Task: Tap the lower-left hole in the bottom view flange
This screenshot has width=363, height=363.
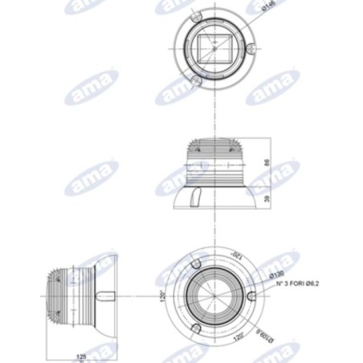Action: point(195,326)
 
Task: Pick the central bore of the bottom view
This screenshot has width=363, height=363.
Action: point(212,296)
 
